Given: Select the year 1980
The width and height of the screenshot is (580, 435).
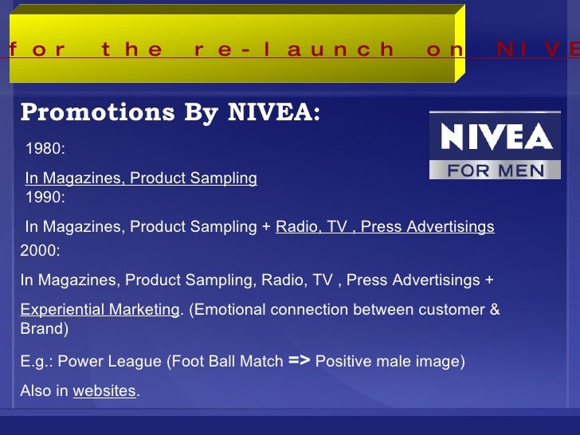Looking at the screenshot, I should [45, 149].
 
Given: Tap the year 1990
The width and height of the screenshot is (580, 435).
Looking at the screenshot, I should [45, 197].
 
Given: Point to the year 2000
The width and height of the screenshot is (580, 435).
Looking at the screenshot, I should [41, 250].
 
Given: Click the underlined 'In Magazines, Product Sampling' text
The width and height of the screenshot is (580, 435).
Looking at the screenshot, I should [141, 178].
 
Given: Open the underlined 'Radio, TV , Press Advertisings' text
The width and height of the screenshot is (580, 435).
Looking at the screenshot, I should [385, 227].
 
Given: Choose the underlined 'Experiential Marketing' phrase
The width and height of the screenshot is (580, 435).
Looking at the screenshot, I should [100, 310].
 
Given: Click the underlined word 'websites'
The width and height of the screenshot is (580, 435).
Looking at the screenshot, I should [104, 391].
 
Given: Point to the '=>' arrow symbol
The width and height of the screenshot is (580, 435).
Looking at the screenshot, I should [299, 361].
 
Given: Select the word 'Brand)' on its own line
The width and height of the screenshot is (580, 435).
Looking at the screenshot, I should [45, 328].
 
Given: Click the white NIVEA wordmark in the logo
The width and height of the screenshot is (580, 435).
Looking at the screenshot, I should [496, 139].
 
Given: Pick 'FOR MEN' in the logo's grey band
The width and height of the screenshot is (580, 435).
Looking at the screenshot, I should [496, 169].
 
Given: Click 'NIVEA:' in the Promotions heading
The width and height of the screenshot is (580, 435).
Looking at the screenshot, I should [274, 113].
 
